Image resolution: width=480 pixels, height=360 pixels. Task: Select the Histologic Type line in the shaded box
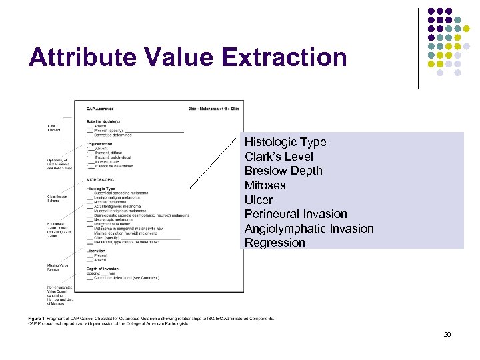pyautogui.click(x=285, y=142)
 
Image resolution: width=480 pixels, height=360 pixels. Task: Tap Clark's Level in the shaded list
pyautogui.click(x=279, y=157)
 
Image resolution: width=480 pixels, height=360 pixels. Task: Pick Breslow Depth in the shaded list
pyautogui.click(x=283, y=171)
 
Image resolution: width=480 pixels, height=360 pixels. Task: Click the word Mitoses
pyautogui.click(x=265, y=185)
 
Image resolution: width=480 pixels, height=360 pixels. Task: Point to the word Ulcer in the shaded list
pyautogui.click(x=259, y=200)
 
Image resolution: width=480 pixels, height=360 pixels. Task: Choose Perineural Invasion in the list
pyautogui.click(x=296, y=214)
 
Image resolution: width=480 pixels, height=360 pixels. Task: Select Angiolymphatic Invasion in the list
pyautogui.click(x=309, y=229)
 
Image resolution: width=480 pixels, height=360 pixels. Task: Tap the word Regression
pyautogui.click(x=275, y=243)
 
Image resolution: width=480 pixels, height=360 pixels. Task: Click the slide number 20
pyautogui.click(x=447, y=334)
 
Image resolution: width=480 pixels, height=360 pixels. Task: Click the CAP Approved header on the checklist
pyautogui.click(x=100, y=109)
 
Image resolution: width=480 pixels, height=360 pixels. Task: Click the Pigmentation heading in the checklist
pyautogui.click(x=100, y=143)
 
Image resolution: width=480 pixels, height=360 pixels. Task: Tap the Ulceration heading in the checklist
pyautogui.click(x=97, y=251)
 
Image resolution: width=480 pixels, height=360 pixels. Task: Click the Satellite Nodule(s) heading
pyautogui.click(x=103, y=121)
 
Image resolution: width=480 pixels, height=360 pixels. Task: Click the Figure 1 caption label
pyautogui.click(x=37, y=319)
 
